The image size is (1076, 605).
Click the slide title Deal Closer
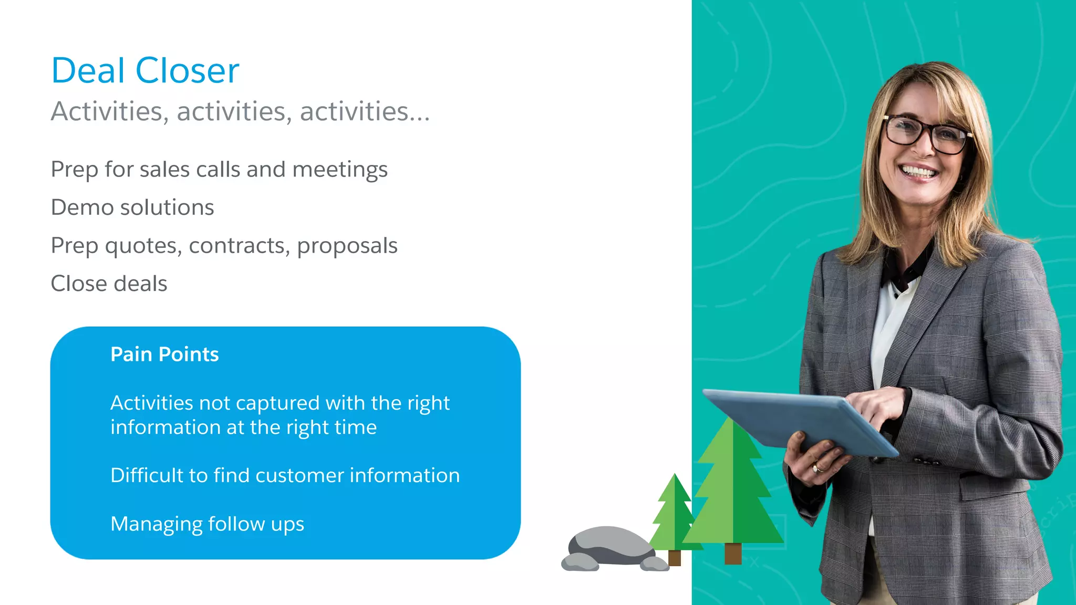pos(145,70)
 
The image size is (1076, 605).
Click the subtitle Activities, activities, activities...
pos(240,111)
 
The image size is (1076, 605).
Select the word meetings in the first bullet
pos(339,170)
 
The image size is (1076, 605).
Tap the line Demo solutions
pos(132,207)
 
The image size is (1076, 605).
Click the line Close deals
pos(109,284)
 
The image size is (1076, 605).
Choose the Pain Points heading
pos(164,354)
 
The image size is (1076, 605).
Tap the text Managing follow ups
pos(207,524)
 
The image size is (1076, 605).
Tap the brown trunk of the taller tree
pos(732,553)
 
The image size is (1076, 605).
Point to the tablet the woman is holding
pos(799,420)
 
